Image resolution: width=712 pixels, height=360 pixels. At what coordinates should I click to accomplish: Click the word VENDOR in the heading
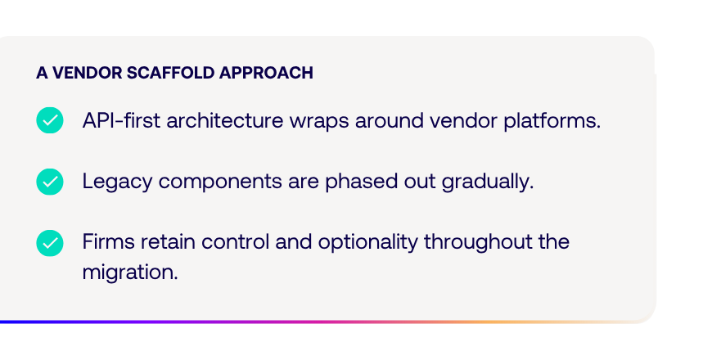[x=88, y=73]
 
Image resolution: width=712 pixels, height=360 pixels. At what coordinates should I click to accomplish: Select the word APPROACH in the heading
[x=266, y=73]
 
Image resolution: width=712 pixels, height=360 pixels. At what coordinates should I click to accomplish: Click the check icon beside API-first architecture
[x=50, y=120]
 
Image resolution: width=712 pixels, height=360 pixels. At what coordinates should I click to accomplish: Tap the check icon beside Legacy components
[x=50, y=182]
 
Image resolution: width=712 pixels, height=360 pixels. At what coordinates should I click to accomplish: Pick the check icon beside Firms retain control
[x=50, y=243]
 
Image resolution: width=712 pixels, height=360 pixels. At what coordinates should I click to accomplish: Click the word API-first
[x=121, y=120]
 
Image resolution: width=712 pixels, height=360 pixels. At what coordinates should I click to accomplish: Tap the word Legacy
[x=117, y=182]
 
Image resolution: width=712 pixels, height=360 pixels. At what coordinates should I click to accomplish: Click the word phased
[x=358, y=182]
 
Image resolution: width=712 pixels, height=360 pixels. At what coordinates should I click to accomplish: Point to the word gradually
[x=488, y=182]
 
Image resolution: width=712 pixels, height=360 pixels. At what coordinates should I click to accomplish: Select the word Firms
[x=109, y=241]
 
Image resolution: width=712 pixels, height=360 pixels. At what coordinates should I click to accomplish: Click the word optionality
[x=367, y=243]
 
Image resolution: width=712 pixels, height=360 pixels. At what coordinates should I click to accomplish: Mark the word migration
[x=130, y=272]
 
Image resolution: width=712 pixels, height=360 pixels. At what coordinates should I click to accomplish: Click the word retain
[x=168, y=241]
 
